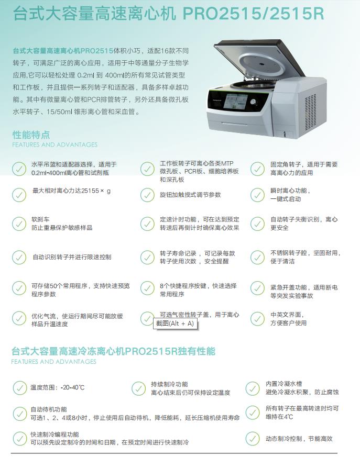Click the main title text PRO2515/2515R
tap(253, 13)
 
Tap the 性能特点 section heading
tap(31, 135)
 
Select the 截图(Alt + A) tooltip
tap(174, 324)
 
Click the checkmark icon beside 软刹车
tap(19, 224)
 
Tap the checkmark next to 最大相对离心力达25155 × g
tap(19, 194)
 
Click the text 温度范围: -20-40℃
tap(57, 388)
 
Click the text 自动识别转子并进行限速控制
tap(72, 257)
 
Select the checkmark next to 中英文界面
tap(257, 319)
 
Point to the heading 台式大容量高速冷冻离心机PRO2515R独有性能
tap(113, 351)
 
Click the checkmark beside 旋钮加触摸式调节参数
tap(147, 195)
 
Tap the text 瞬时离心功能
tap(290, 191)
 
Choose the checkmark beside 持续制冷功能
tap(138, 388)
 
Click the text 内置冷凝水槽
tap(283, 384)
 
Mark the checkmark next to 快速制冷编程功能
tap(19, 438)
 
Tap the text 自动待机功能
tap(49, 409)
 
